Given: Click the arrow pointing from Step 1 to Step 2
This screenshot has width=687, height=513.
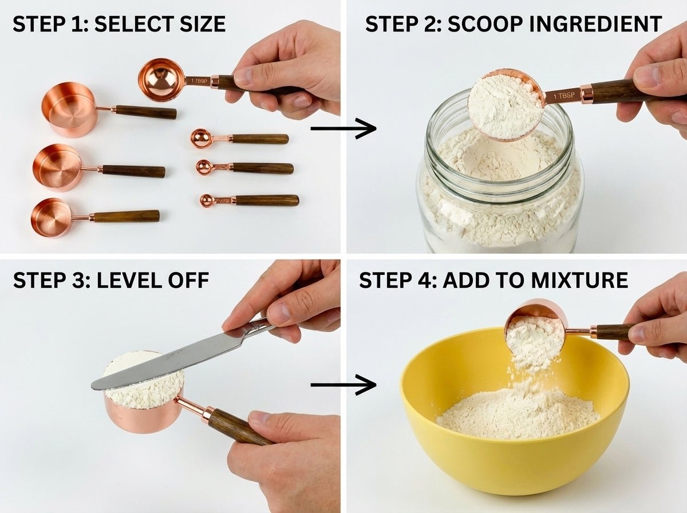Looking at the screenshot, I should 343,128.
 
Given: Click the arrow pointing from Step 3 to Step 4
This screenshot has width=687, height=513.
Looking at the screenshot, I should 343,385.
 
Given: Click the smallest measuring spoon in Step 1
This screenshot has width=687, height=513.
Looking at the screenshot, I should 207,200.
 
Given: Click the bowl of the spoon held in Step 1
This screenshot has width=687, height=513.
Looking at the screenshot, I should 161,79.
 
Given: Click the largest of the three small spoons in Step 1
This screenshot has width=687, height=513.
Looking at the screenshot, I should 201,138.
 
